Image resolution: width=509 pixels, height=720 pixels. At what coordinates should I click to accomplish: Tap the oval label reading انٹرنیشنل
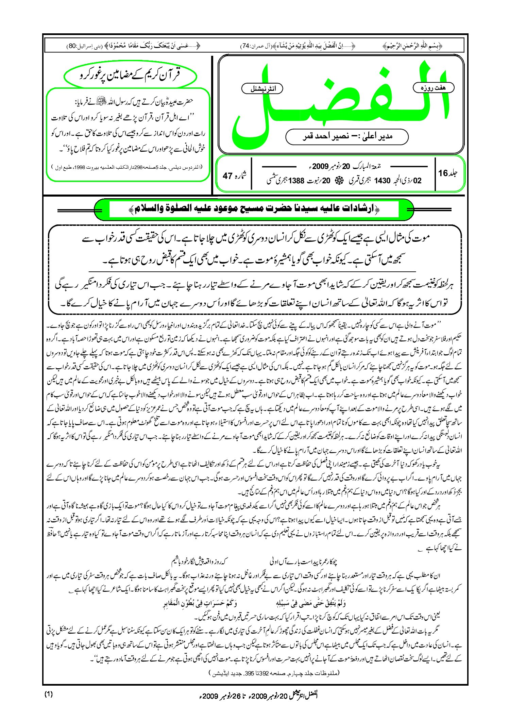point(262,89)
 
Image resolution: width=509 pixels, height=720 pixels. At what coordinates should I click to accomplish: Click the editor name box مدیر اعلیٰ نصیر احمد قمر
point(346,137)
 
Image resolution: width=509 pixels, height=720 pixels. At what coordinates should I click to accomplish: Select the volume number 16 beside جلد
point(443,173)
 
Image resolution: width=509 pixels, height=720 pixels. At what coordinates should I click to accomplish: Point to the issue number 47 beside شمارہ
point(227,176)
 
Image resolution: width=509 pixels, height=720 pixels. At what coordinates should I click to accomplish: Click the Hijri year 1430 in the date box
point(382,181)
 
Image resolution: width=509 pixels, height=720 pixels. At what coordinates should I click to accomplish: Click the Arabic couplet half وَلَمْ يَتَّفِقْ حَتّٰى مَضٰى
point(311,604)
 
